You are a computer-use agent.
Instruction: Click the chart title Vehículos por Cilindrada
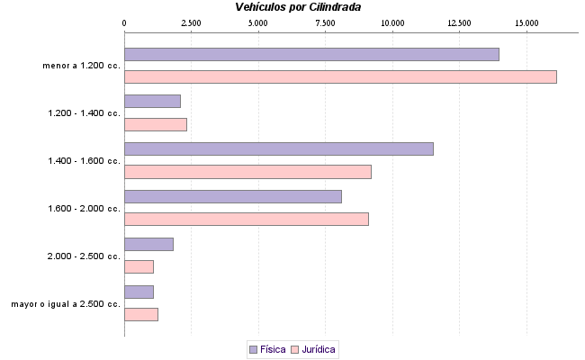(x=298, y=7)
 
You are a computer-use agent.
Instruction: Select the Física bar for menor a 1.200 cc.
(x=311, y=54)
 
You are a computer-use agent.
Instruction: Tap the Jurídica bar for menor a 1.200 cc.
(x=340, y=76)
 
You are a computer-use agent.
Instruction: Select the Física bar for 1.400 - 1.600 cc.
(x=278, y=148)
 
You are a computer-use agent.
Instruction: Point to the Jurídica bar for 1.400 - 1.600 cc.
(x=247, y=171)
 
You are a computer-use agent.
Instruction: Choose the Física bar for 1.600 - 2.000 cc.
(x=233, y=196)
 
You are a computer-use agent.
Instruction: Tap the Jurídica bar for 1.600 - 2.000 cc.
(x=247, y=219)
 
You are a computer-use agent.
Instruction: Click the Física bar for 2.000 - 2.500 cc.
(x=148, y=244)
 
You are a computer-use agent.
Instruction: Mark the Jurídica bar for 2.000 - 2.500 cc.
(x=139, y=266)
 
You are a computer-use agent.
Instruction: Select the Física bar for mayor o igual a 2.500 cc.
(x=139, y=292)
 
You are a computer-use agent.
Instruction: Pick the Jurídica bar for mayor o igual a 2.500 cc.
(x=141, y=314)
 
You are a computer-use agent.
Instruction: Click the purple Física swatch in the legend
(x=253, y=348)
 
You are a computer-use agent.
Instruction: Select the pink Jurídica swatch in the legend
(x=293, y=348)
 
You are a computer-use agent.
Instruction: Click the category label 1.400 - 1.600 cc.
(x=84, y=160)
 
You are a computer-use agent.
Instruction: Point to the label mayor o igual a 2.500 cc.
(x=66, y=303)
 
